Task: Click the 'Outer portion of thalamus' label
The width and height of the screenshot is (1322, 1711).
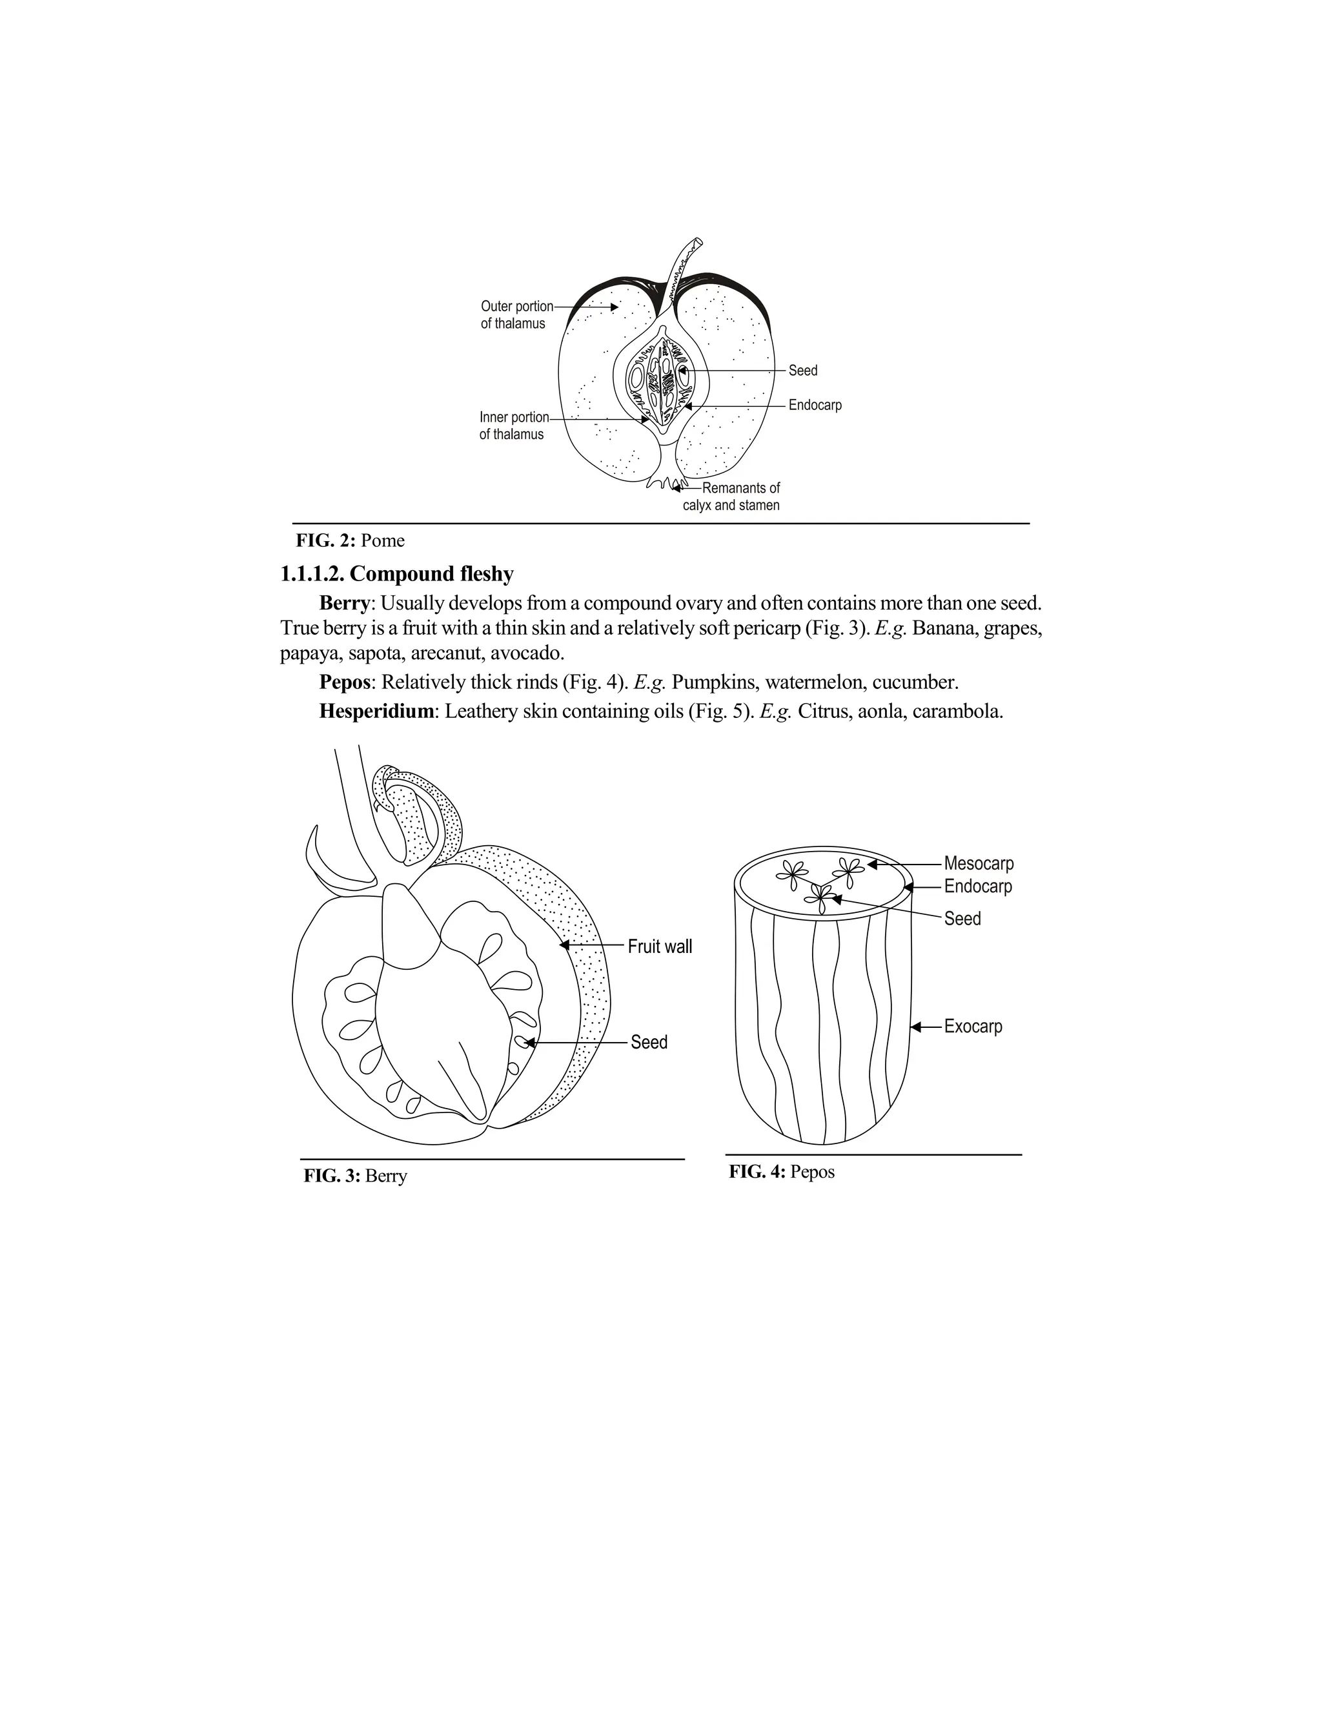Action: (516, 315)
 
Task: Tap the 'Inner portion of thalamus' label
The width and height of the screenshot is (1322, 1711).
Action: (514, 426)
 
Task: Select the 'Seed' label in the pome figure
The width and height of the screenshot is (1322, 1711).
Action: (803, 371)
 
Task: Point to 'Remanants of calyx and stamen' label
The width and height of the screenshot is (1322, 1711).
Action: (732, 497)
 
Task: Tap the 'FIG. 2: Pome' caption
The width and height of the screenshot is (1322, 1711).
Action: (350, 540)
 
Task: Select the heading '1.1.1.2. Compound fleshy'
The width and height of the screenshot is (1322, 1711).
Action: (397, 574)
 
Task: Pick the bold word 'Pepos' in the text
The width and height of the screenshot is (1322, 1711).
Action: (344, 682)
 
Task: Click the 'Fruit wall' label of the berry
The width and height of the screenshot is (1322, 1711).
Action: (660, 947)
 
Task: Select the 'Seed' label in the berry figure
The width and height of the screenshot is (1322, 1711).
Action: (649, 1042)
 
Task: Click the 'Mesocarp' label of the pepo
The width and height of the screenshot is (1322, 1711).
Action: (978, 863)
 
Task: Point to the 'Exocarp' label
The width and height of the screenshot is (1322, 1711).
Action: (973, 1027)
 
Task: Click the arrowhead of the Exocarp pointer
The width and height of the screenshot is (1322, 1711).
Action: (915, 1027)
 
